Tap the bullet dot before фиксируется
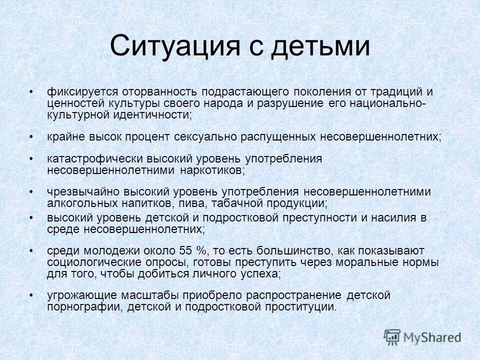coord(31,92)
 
